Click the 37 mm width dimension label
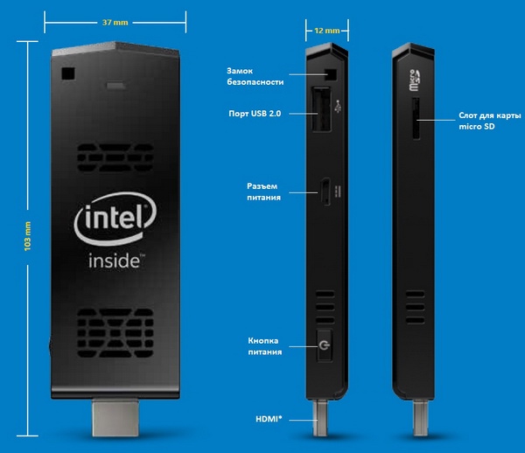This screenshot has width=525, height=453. pos(115,23)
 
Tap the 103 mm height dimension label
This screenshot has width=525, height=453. pos(27,236)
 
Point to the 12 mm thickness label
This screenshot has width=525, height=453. pos(326,31)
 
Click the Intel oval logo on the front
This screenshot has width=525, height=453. pos(115,219)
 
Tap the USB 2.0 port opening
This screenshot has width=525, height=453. pos(322,109)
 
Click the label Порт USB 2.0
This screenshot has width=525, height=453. pos(255,114)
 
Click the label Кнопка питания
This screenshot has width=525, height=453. pos(264,346)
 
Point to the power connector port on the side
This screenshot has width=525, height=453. pos(325,192)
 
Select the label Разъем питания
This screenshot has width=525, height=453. pos(263,192)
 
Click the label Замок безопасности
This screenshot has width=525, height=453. pos(255,76)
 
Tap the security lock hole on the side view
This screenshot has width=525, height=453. pos(331,74)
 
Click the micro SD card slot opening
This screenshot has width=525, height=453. pos(416,118)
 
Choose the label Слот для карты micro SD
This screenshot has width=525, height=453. pos(489,121)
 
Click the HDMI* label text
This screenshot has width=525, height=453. pos(269,419)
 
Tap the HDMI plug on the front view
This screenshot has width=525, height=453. pos(115,417)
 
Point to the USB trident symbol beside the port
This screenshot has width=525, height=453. pos(338,106)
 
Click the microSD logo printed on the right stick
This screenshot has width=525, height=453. pos(415,80)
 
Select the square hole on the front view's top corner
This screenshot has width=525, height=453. pos(68,73)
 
